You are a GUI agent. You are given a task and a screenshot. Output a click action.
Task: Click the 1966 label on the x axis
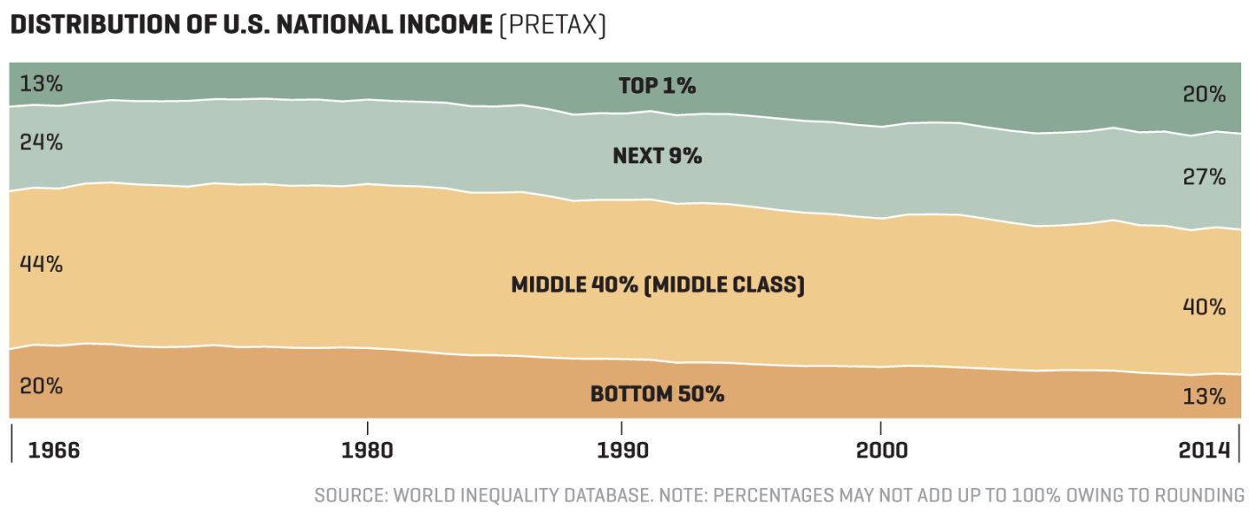pos(55,451)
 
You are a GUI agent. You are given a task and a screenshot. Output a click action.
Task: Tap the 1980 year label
pos(368,451)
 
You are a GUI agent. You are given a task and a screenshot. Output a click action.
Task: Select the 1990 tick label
pos(621,451)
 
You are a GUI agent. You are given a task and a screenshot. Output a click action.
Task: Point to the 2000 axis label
pos(881,451)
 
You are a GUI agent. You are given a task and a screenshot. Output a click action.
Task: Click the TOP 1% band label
pos(657,86)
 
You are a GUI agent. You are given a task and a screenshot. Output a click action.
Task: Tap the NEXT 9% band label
pos(657,156)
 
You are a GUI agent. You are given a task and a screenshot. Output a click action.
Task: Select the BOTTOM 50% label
pos(657,394)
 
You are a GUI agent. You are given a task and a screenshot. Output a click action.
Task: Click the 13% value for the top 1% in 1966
pos(41,84)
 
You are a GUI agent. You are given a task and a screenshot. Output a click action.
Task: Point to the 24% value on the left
pos(41,142)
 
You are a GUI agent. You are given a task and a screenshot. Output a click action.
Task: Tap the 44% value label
pos(41,265)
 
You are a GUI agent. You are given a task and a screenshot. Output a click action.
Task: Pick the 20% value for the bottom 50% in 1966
pos(41,386)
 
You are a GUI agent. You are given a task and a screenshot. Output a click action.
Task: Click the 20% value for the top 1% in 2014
pos(1204,95)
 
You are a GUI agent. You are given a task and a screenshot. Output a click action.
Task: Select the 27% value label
pos(1204,178)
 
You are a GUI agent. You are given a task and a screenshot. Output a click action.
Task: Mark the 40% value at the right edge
pos(1204,307)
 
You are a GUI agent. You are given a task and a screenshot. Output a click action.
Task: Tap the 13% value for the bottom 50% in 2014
pos(1204,397)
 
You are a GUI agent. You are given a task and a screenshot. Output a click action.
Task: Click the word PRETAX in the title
pos(552,25)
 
